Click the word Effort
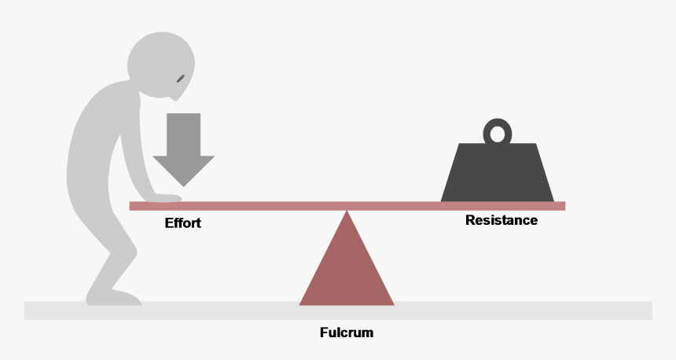183,223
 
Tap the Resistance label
501,220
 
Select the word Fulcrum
347,332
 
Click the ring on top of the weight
497,131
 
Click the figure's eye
181,78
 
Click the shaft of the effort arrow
184,134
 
